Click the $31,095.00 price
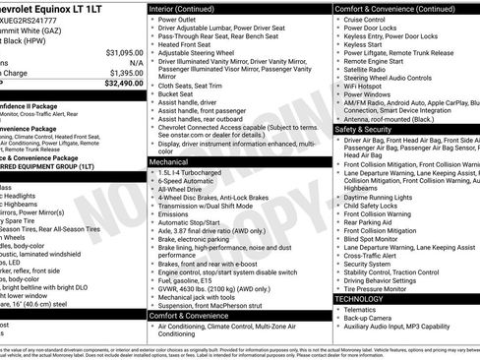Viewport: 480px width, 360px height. click(120, 51)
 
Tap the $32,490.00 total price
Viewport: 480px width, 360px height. click(120, 84)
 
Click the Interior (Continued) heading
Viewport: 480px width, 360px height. click(191, 8)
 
